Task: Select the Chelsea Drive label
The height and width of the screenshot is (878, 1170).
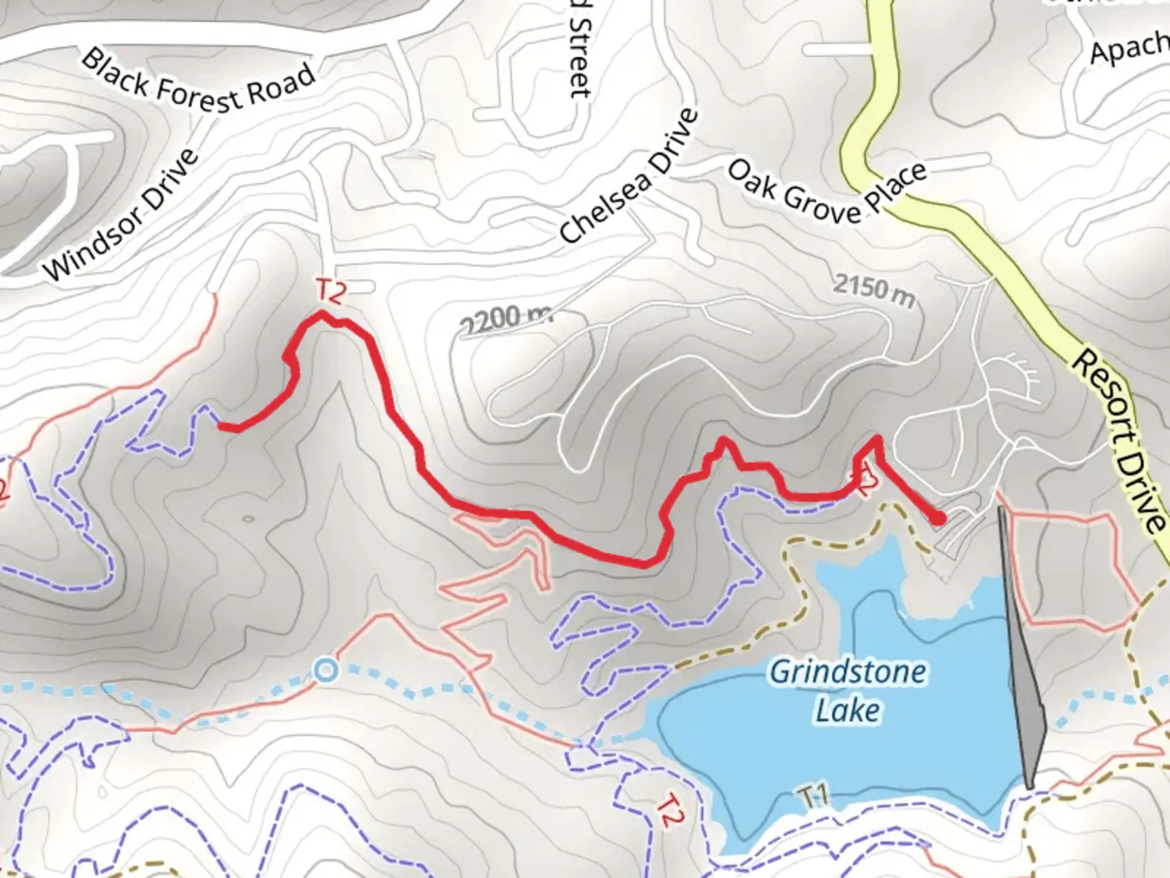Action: coord(630,176)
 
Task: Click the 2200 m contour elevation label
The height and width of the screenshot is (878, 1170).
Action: coord(505,319)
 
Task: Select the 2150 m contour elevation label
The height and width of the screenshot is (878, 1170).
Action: coord(873,289)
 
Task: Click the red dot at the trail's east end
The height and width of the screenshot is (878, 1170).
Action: coord(938,517)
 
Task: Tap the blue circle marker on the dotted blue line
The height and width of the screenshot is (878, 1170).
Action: coord(326,671)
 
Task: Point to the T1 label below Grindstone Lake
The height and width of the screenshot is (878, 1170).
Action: coord(812,795)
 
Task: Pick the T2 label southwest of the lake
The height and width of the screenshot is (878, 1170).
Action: coord(668,810)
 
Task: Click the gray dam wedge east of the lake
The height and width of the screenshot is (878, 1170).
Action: coord(1025,691)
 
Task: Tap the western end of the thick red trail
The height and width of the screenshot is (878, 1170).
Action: coord(221,425)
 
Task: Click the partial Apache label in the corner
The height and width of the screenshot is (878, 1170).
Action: coord(1129,50)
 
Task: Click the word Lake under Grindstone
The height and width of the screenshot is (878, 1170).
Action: coord(847,710)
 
